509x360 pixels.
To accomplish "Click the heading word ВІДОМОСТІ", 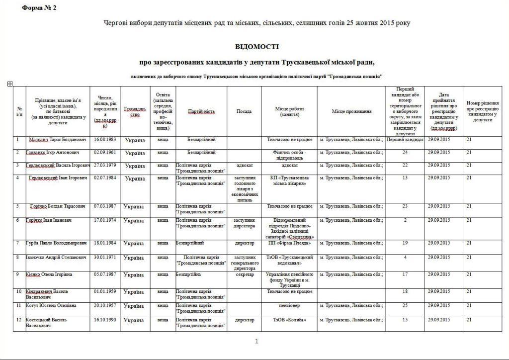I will click(257, 47).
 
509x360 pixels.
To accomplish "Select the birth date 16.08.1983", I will click(104, 140).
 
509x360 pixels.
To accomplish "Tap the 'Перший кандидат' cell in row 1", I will click(405, 140).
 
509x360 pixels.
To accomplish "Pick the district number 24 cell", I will click(405, 153).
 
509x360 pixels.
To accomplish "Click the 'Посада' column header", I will click(244, 111).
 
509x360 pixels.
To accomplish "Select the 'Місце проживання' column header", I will click(352, 111).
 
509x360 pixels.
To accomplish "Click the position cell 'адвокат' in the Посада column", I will click(244, 165).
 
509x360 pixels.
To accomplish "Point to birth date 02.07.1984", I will click(104, 178).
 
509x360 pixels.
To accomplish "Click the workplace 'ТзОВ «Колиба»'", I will click(289, 320).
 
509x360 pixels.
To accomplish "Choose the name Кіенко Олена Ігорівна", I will click(49, 274).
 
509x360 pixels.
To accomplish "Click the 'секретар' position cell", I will click(244, 274).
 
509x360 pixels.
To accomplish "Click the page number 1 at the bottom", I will click(256, 341).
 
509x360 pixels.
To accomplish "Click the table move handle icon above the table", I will click(10, 84).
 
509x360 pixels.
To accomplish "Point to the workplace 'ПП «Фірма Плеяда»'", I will click(289, 243).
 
